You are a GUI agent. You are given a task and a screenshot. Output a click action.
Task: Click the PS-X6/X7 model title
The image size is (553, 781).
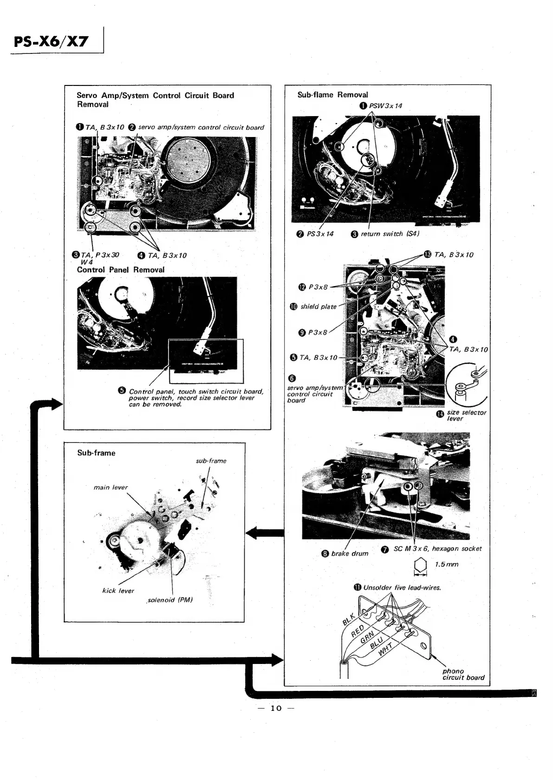(x=51, y=42)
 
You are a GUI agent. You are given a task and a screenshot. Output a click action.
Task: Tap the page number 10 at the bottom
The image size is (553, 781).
(x=276, y=708)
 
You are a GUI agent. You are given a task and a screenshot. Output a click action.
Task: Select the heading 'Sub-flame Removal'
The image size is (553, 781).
(x=332, y=95)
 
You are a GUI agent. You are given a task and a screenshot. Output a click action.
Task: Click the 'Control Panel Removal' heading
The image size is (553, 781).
(x=121, y=270)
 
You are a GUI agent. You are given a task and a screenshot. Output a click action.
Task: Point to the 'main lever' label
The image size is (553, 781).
(x=111, y=487)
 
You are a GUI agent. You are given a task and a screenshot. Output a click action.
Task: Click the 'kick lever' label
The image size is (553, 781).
(x=118, y=591)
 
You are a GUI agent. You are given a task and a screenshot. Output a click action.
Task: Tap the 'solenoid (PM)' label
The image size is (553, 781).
(x=170, y=600)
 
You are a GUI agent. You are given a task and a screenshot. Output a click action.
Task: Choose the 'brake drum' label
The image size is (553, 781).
(x=349, y=553)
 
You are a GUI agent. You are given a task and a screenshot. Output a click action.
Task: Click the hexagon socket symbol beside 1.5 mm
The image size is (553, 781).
(x=419, y=566)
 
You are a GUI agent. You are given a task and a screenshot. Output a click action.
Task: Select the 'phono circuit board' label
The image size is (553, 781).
(x=463, y=674)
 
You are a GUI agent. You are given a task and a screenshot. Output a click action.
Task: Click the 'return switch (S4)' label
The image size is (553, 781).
(x=390, y=234)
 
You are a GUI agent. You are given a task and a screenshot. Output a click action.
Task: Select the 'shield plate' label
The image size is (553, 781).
(x=318, y=306)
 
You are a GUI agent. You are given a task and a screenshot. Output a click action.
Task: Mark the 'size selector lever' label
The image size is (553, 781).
(x=466, y=415)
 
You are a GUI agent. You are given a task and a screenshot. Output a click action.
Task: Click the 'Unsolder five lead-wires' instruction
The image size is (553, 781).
(x=402, y=587)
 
